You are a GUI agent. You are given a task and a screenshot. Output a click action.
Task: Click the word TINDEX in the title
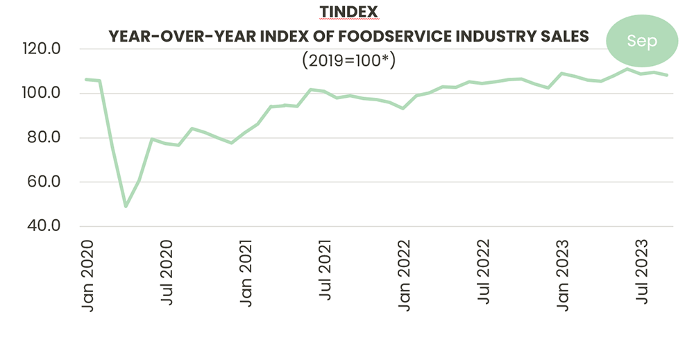[348, 12]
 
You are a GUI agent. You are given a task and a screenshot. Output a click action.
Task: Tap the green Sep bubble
[641, 41]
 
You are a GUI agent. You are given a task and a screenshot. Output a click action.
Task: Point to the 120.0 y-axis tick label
[42, 49]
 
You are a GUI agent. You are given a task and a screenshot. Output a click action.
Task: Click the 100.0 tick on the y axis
[42, 94]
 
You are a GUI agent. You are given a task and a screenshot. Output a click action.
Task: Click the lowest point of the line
[126, 206]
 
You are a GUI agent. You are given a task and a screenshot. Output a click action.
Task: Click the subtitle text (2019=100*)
[348, 60]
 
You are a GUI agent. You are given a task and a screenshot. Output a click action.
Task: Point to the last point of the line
[668, 75]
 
